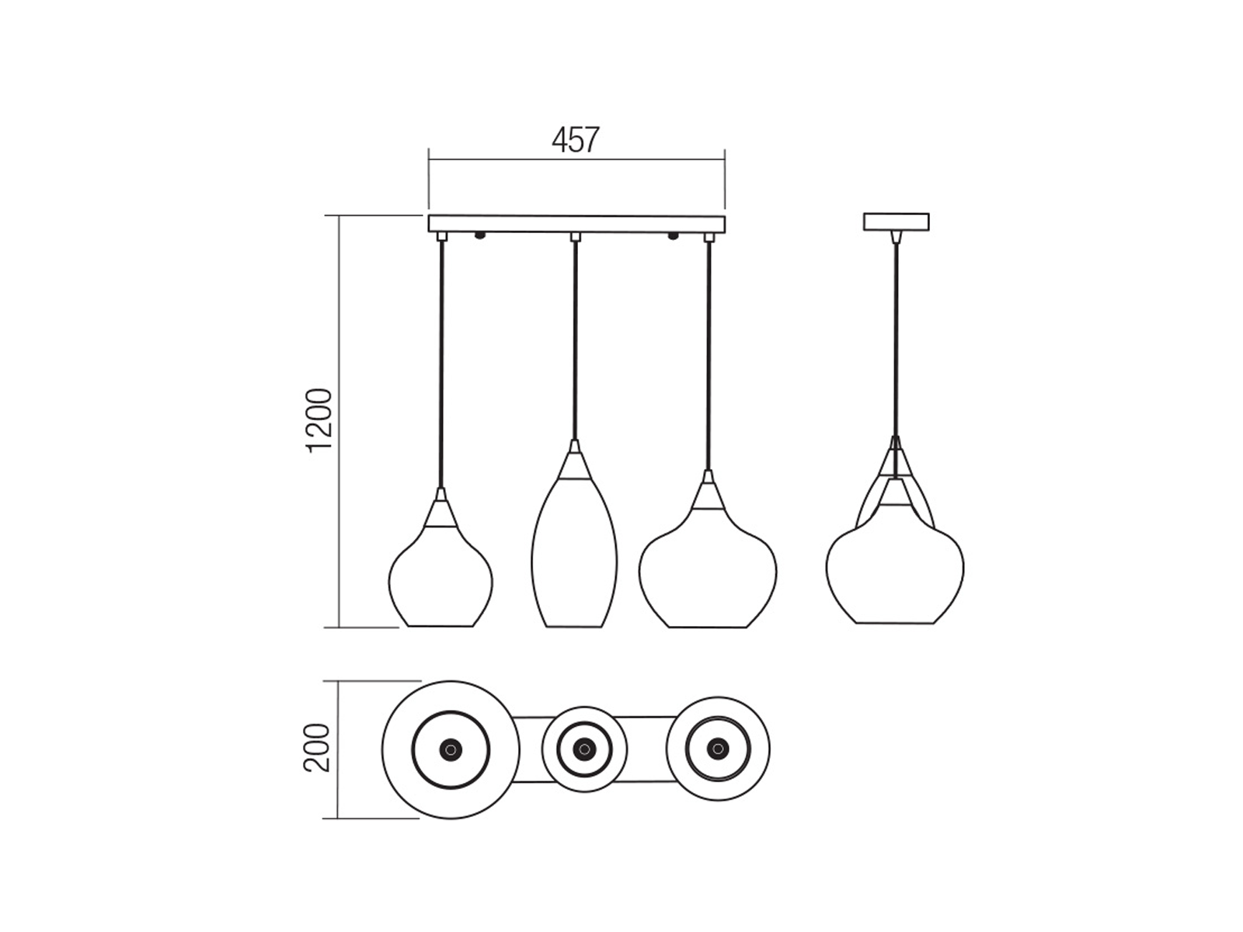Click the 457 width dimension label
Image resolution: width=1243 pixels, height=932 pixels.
(x=576, y=140)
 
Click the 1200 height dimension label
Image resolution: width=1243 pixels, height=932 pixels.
(x=319, y=420)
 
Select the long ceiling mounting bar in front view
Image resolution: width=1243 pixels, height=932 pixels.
(x=576, y=224)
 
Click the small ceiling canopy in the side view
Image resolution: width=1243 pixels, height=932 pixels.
(x=896, y=221)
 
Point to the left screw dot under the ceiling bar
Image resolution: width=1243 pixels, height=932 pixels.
(x=479, y=235)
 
